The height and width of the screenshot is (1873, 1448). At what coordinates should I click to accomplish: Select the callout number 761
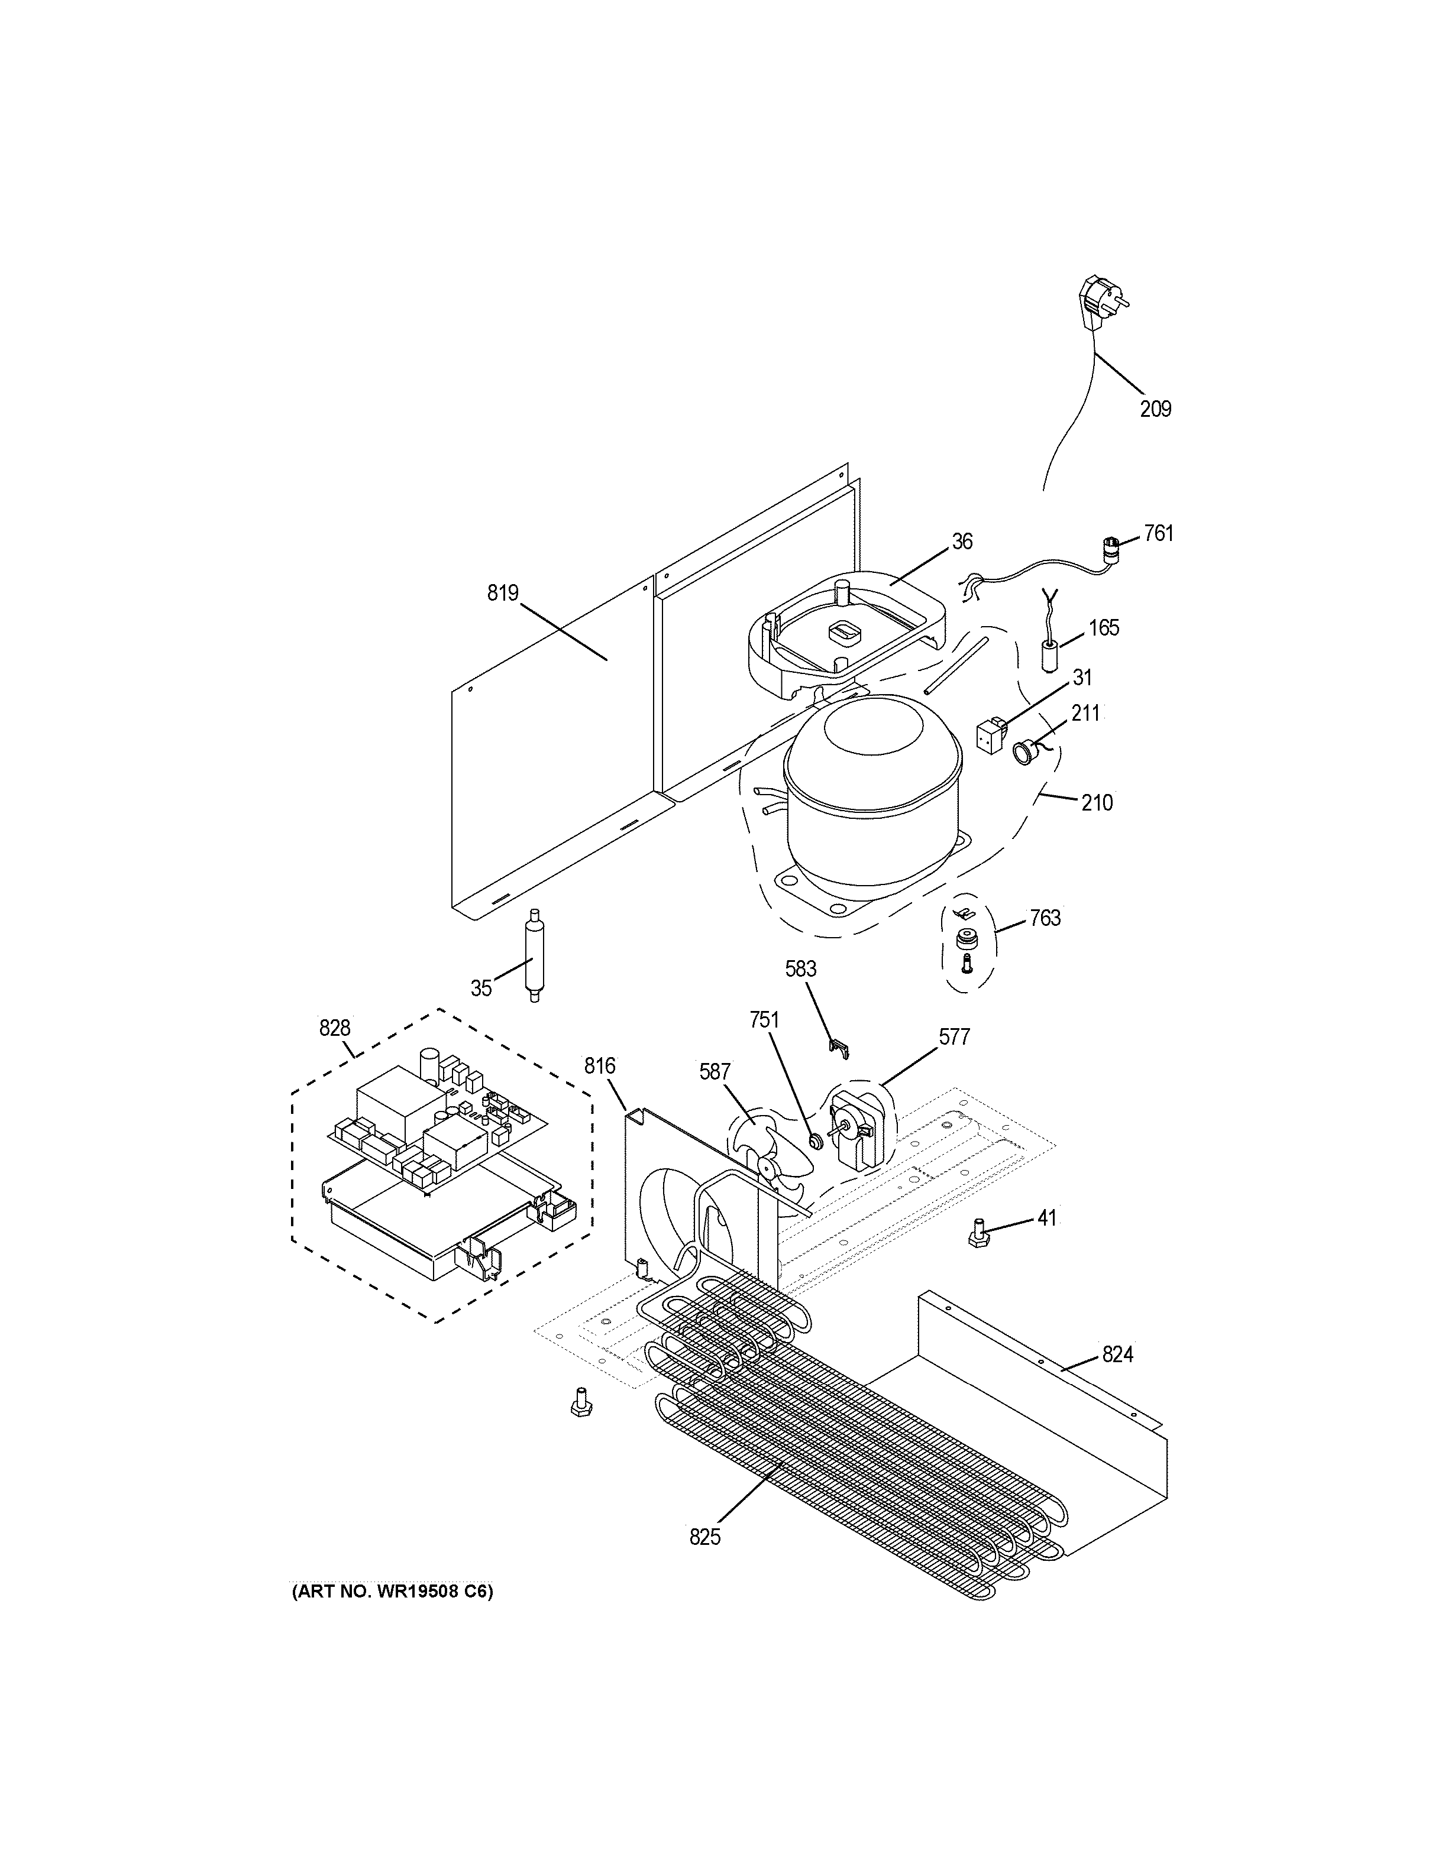(x=1158, y=533)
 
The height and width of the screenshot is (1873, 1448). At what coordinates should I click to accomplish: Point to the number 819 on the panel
(x=503, y=592)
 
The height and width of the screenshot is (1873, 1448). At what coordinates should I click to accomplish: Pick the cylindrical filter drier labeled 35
(x=534, y=954)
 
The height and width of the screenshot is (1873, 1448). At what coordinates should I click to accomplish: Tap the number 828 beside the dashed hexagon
(x=335, y=1028)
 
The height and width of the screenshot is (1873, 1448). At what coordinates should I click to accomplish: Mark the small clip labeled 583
(x=839, y=1045)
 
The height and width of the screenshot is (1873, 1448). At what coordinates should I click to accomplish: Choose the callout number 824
(x=1118, y=1354)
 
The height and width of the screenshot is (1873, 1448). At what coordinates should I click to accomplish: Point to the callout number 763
(x=1045, y=919)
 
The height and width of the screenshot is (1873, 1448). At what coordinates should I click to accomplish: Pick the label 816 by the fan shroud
(x=600, y=1066)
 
